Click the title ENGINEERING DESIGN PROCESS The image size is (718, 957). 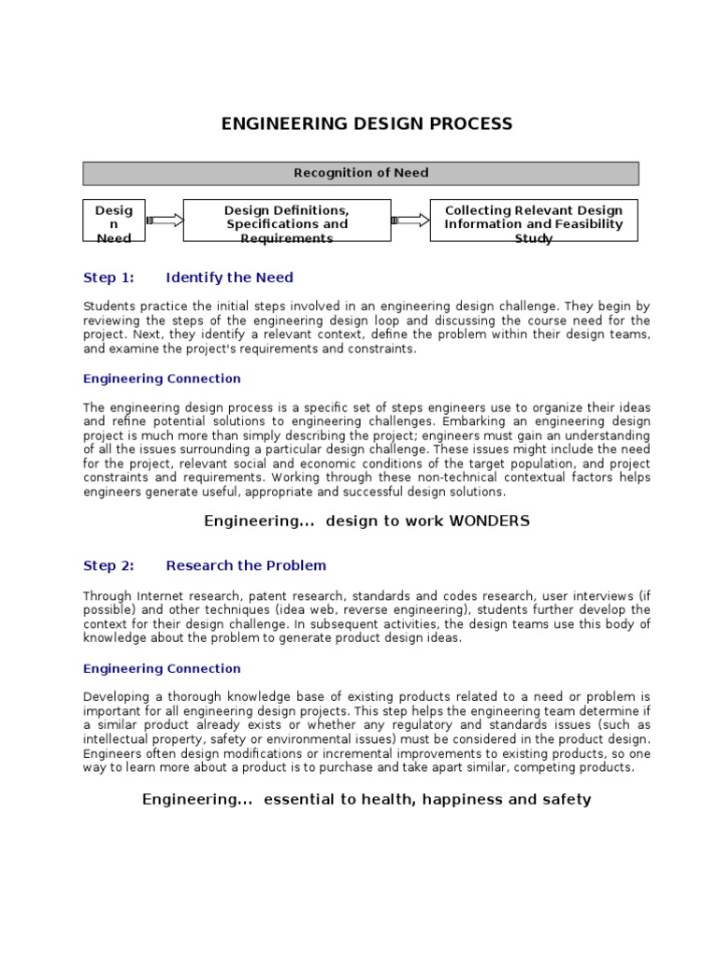coord(366,124)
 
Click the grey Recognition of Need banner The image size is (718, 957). coord(361,173)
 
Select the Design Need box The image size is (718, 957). coord(114,221)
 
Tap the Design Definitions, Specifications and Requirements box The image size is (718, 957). coord(286,221)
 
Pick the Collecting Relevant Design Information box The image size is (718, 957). coord(533,221)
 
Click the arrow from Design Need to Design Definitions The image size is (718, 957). coord(165,221)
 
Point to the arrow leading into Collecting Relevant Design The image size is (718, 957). coord(410,221)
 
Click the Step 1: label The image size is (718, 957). coord(108,278)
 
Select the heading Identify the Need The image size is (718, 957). coord(229,278)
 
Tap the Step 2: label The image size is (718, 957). coord(108,565)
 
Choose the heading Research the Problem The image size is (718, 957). coord(246,565)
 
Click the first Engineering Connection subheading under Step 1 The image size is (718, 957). coord(162,379)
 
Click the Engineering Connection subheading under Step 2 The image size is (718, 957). coord(162,668)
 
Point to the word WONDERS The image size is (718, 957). coord(489,521)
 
